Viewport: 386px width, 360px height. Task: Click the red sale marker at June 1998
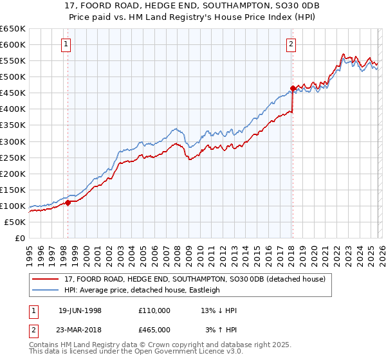tap(68, 203)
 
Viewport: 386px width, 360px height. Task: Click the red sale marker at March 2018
tap(292, 88)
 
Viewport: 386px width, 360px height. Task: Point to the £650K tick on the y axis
tap(13, 29)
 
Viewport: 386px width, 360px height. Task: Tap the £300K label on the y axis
tap(13, 141)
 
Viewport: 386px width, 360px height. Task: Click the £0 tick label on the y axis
tap(19, 238)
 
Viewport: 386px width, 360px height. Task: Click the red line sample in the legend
tap(48, 279)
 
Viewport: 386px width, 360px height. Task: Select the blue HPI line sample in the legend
tap(48, 290)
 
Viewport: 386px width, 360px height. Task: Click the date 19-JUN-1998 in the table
tap(79, 310)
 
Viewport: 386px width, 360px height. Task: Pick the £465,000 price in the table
tap(154, 329)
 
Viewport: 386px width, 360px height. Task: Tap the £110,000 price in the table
tap(154, 310)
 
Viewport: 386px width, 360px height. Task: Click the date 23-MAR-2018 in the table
tap(80, 329)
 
